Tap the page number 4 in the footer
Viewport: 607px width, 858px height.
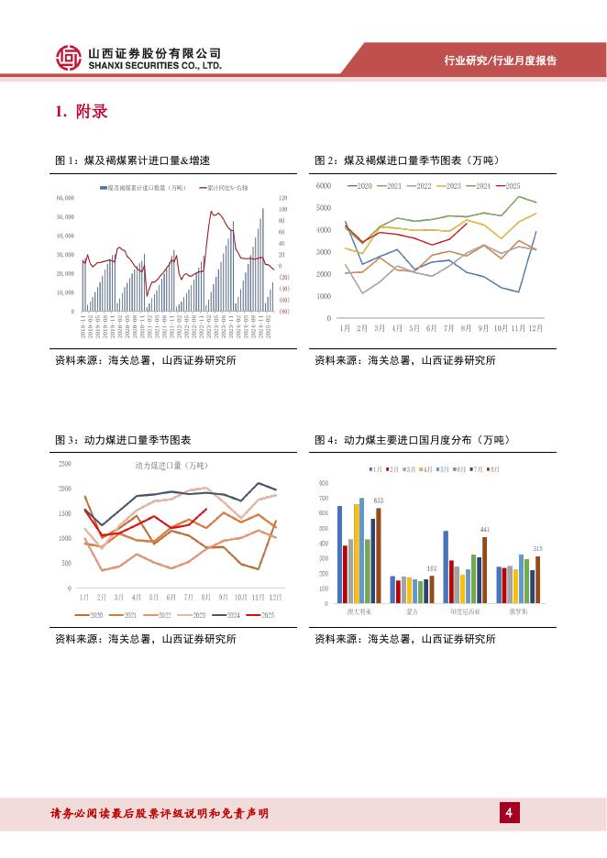pos(506,812)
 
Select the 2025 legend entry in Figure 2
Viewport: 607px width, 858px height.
pos(508,186)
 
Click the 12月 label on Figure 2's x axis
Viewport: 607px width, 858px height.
pos(535,326)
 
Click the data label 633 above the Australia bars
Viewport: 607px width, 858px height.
pos(378,500)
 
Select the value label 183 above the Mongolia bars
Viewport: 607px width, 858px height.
pos(432,569)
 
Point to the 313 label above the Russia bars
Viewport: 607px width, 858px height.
pos(538,548)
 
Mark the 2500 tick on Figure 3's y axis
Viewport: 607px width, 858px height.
pos(65,464)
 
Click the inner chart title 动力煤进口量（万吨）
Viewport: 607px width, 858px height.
pos(165,467)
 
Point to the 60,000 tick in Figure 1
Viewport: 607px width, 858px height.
pos(65,197)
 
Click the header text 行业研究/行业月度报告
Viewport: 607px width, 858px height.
pos(501,60)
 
